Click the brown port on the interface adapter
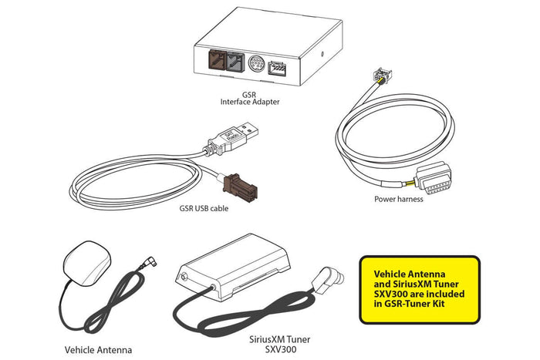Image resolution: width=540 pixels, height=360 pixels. (x=217, y=61)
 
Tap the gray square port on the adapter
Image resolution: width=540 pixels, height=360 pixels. (x=235, y=62)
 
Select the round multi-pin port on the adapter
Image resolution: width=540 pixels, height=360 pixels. (x=256, y=64)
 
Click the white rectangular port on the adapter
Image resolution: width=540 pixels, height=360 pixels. (x=277, y=68)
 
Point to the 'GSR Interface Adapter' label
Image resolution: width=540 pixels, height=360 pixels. (x=250, y=98)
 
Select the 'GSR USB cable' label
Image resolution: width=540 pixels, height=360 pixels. (x=204, y=208)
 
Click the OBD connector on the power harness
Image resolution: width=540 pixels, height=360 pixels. (x=433, y=178)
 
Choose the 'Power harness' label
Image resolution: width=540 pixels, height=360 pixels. (x=399, y=199)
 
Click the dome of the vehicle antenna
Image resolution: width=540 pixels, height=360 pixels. (x=87, y=263)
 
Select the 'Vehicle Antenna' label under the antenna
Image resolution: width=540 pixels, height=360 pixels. (x=98, y=350)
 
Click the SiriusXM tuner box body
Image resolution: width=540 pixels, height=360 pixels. (x=232, y=266)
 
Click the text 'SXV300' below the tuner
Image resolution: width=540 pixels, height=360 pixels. (x=280, y=349)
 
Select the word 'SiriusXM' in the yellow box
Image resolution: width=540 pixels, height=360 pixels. (x=413, y=284)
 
